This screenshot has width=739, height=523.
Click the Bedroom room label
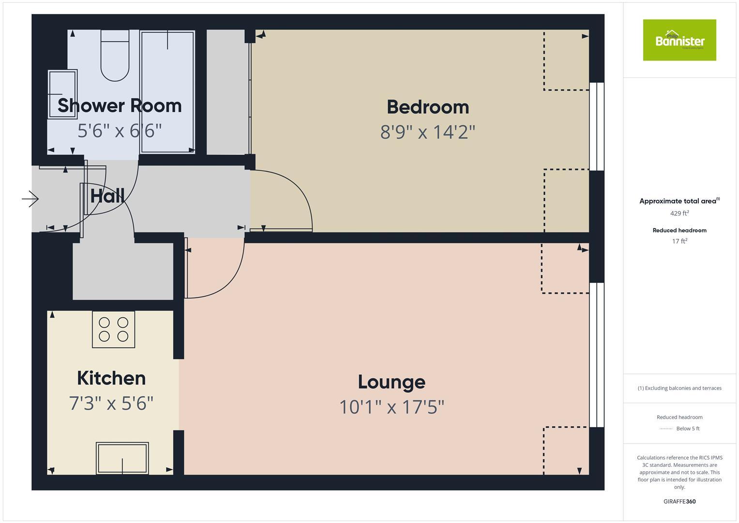(428, 107)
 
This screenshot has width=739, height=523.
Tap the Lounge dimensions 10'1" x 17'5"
(392, 407)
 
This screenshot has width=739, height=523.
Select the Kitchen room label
(111, 378)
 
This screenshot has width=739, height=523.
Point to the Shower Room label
(120, 106)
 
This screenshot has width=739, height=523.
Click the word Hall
(107, 196)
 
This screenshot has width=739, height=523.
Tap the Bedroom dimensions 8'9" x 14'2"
(428, 132)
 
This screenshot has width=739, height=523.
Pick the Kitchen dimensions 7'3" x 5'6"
(111, 403)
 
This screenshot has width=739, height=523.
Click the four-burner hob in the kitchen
(114, 329)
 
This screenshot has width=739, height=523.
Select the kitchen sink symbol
(122, 458)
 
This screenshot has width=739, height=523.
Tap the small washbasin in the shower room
(62, 94)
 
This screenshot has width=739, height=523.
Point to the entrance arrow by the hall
(30, 199)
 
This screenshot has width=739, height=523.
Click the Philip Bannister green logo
(679, 40)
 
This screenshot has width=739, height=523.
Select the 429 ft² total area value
(679, 213)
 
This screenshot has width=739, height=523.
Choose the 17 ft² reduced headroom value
(679, 241)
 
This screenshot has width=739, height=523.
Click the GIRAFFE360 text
(679, 502)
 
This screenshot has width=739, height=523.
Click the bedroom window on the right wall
(597, 127)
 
